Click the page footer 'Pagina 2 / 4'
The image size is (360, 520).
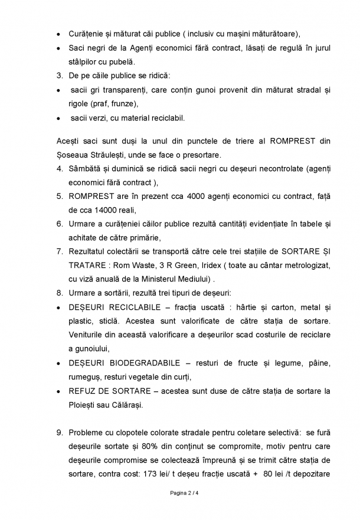click(179, 492)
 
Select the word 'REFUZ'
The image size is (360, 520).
click(86, 391)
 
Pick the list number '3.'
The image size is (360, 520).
click(60, 76)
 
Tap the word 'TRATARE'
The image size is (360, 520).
click(89, 265)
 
